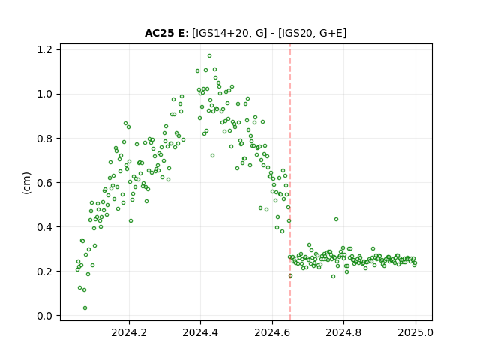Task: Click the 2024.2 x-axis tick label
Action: pos(129,332)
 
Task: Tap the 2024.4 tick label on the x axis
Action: pos(200,332)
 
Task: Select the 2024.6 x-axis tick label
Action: pos(272,332)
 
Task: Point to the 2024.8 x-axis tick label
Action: pos(343,332)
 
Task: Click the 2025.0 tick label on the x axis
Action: pos(415,332)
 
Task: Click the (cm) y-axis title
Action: pos(27,183)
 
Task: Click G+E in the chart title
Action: pos(331,33)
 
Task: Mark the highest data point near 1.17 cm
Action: pos(210,56)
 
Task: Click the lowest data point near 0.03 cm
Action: pos(85,308)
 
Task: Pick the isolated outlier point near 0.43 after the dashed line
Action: pos(336,220)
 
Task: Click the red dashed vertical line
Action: pos(290,182)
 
